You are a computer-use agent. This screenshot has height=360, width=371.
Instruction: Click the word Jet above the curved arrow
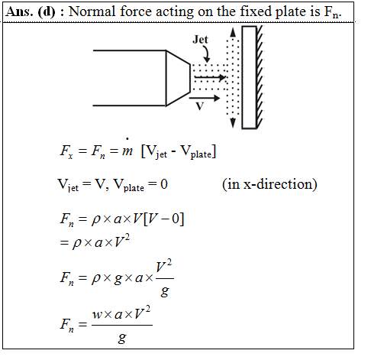[x=200, y=40]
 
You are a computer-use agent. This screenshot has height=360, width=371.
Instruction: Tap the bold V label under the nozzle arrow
[x=200, y=106]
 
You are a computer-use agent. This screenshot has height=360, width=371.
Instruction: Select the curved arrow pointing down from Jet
[x=206, y=54]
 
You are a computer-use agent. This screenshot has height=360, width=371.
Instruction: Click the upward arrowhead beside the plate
[x=233, y=32]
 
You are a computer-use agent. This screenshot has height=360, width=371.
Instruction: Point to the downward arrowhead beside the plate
[x=233, y=123]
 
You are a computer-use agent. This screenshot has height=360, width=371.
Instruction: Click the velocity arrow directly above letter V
[x=205, y=98]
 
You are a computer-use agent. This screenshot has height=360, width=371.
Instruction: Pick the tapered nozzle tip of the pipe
[x=178, y=78]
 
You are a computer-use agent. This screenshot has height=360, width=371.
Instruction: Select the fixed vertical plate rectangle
[x=249, y=77]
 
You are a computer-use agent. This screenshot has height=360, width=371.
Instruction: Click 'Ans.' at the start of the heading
[x=19, y=11]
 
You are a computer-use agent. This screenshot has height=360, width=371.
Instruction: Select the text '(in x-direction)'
[x=269, y=184]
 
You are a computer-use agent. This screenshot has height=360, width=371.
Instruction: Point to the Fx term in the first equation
[x=66, y=151]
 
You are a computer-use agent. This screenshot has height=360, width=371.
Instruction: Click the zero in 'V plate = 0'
[x=164, y=184]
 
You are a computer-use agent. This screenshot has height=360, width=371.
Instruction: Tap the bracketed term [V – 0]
[x=163, y=219]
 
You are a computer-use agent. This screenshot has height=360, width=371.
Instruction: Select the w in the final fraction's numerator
[x=97, y=315]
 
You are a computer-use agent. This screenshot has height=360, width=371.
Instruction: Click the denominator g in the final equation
[x=122, y=338]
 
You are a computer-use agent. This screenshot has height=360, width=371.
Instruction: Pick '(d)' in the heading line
[x=47, y=11]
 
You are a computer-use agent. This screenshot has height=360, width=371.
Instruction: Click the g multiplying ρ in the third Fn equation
[x=118, y=279]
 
